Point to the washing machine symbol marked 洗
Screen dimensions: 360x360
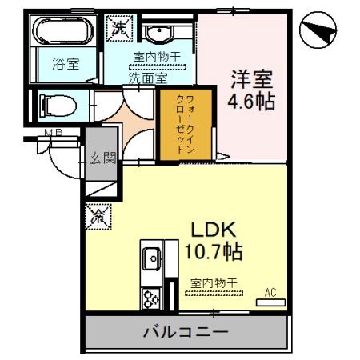[x=119, y=27]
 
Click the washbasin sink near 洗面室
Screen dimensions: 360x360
[x=157, y=34]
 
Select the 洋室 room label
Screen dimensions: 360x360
[x=253, y=80]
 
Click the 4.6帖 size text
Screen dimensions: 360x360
[x=254, y=103]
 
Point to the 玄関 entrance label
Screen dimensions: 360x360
[x=102, y=157]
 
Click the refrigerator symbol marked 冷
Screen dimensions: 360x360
[x=100, y=214]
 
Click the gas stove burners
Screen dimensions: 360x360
[x=151, y=298]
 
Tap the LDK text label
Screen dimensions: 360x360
[x=212, y=230]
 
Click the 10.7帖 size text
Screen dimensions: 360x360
[x=213, y=251]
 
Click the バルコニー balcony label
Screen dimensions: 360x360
[x=186, y=331]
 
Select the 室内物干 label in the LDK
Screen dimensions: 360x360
[x=214, y=282]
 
